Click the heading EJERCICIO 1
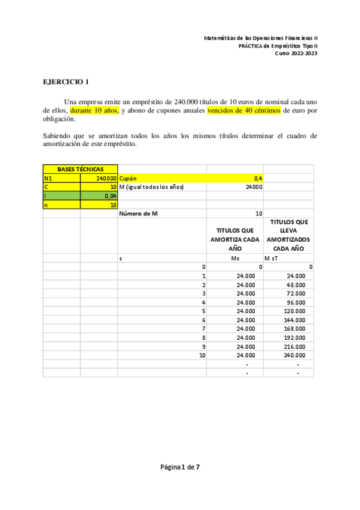click(66, 82)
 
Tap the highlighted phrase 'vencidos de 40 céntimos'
click(244, 111)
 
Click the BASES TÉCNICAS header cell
click(80, 169)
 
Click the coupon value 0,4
click(258, 178)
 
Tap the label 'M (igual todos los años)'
click(151, 187)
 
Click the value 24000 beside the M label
click(254, 187)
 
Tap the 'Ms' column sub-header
click(235, 258)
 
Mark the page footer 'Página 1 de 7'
click(180, 467)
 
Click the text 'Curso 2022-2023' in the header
click(296, 53)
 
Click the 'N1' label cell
click(49, 178)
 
